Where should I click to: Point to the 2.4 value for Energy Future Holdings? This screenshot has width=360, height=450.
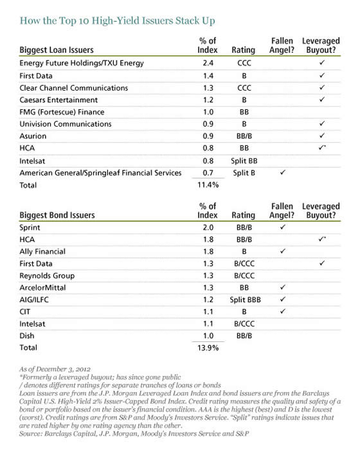point(207,64)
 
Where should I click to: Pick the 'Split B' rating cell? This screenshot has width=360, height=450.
point(243,173)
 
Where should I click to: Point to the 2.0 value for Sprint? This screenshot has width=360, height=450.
point(207,228)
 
